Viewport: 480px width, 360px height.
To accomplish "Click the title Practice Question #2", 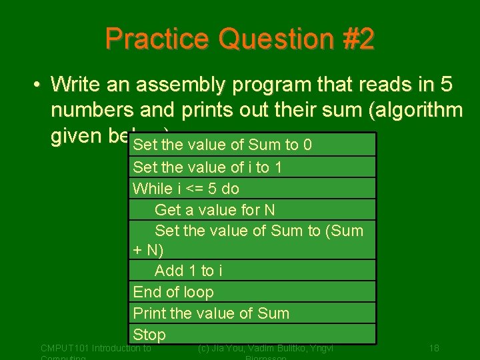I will coord(239,39).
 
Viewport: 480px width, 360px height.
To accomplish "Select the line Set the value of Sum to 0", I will coord(223,145).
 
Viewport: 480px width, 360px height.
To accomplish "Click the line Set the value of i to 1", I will coord(207,167).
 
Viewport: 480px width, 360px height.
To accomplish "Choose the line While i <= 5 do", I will coord(186,189).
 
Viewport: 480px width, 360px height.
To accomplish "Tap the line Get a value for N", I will coord(215,210).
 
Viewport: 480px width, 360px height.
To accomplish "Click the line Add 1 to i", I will coord(189,271).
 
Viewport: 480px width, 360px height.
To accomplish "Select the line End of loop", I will coord(173,292).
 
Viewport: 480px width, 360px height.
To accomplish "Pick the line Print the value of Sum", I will coord(211,313).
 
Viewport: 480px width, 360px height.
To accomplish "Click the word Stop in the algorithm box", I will coord(149,334).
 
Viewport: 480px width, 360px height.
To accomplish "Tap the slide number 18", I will coord(434,348).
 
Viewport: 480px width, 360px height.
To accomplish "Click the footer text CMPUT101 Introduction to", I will coord(96,348).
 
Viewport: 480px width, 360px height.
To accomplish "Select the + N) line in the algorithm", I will coord(148,251).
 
